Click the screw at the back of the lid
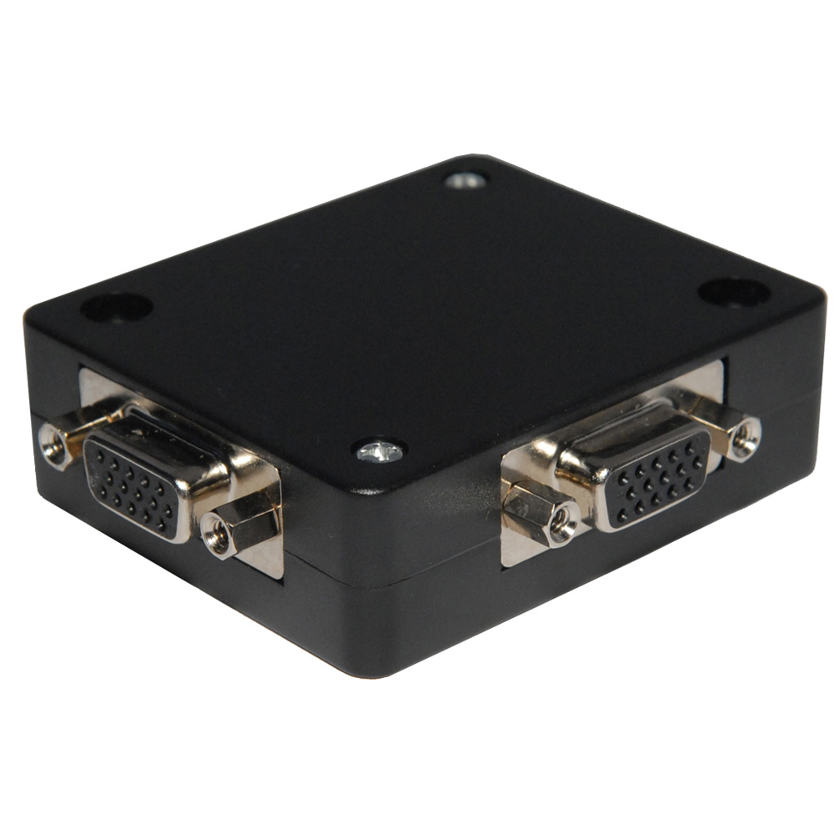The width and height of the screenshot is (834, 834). (465, 180)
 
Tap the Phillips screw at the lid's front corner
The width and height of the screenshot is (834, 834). (379, 451)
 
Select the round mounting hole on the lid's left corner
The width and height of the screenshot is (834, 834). (116, 308)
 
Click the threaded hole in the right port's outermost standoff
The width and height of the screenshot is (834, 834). (746, 435)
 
